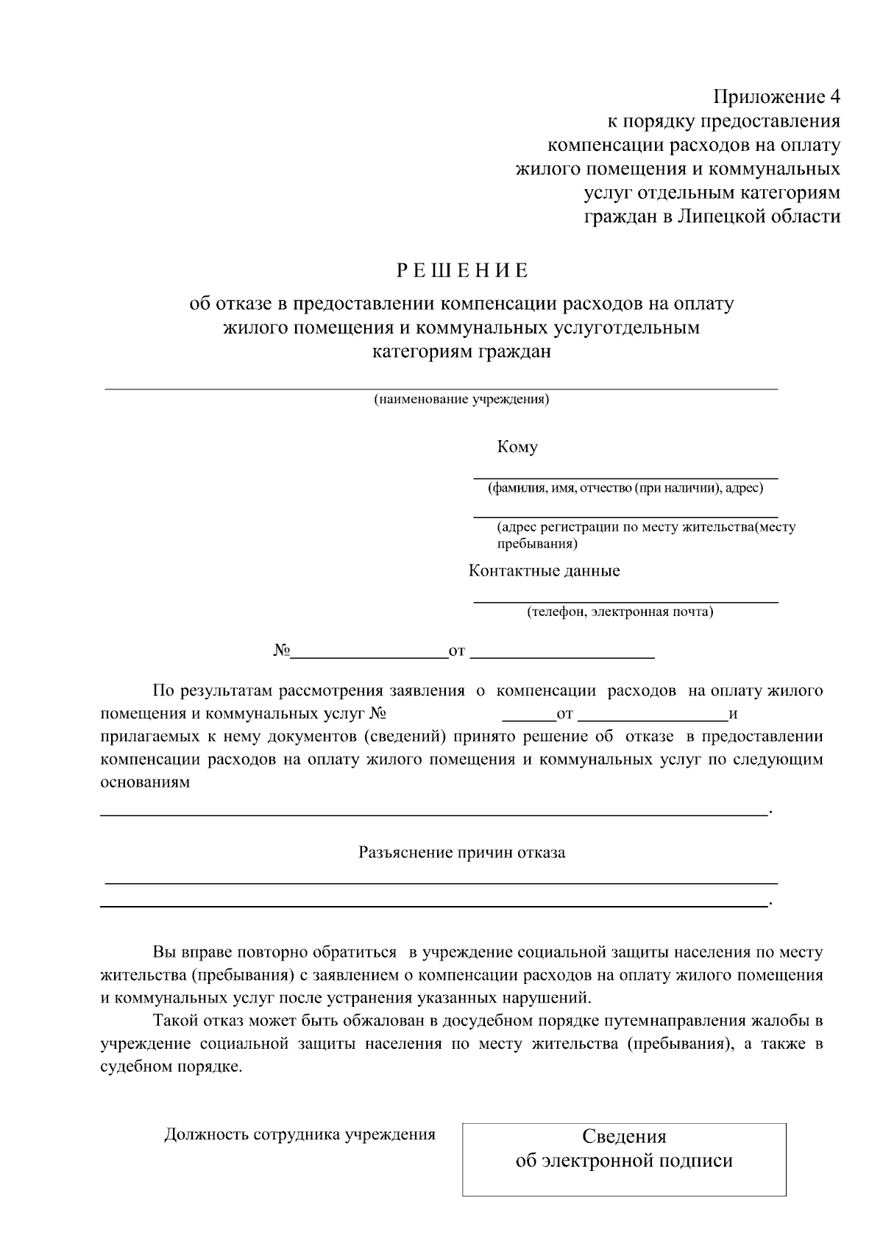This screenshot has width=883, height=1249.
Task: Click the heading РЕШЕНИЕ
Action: click(463, 271)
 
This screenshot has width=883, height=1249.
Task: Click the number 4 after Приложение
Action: click(834, 97)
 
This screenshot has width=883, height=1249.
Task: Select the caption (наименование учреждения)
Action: click(461, 400)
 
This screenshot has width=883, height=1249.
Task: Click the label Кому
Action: click(517, 447)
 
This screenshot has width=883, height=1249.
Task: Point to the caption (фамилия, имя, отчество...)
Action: click(625, 488)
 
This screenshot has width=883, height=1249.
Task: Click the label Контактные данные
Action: click(545, 570)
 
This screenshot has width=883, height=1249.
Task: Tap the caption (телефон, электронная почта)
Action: click(620, 612)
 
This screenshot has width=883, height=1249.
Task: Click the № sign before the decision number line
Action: click(282, 651)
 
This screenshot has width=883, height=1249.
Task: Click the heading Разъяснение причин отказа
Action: click(461, 852)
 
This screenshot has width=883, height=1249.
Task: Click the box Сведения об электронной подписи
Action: click(624, 1159)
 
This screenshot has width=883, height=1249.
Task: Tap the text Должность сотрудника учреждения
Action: click(299, 1134)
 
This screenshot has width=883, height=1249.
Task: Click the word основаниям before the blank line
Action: click(145, 782)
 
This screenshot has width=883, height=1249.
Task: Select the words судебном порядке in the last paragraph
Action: click(171, 1066)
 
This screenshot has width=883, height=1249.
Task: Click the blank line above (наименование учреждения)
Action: click(441, 387)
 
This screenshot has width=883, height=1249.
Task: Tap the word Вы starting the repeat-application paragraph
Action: click(162, 952)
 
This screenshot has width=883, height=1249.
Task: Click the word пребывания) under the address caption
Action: click(537, 544)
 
